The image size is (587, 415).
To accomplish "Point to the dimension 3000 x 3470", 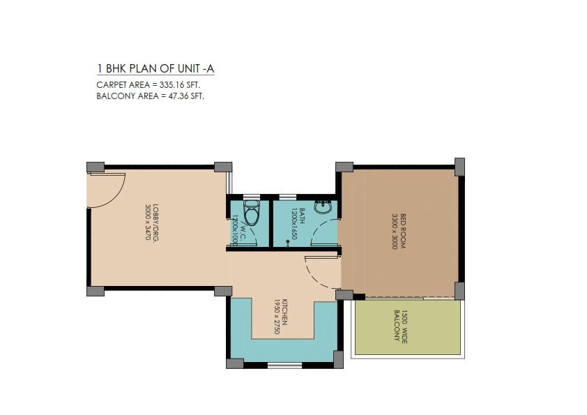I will coord(147,222).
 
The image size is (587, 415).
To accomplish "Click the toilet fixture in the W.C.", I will coord(251,214).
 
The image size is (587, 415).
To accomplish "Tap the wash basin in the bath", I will coord(323,208).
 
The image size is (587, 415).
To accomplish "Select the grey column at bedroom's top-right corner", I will coord(459,166).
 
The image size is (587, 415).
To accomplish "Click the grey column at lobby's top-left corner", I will coord(96,167).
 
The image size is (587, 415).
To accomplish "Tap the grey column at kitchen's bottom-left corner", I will coord(235,363).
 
